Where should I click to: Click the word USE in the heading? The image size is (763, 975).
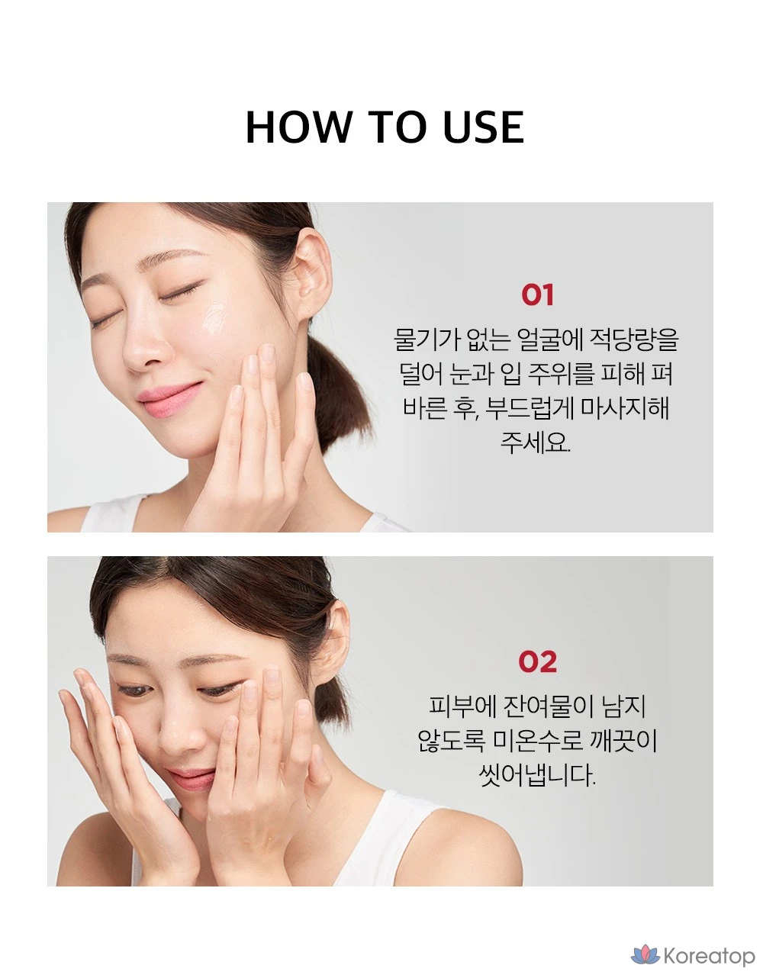pos(484,127)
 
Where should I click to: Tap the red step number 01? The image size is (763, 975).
pos(537,294)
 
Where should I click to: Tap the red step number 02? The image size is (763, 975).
pos(537,661)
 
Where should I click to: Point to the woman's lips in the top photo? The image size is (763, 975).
pos(169,398)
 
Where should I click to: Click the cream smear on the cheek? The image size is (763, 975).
pos(216,320)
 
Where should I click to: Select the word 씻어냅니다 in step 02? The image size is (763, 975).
pos(537,775)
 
